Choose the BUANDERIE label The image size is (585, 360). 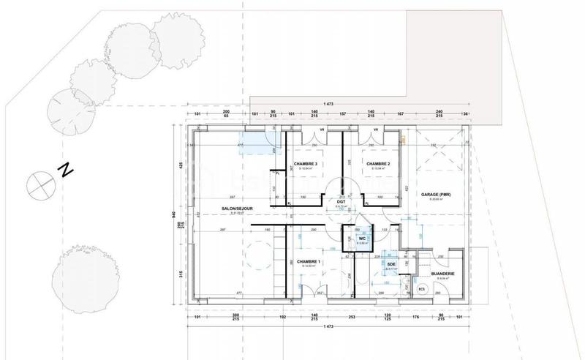442,274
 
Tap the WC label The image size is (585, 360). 361,238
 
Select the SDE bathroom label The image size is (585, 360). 391,264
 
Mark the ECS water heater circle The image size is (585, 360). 421,290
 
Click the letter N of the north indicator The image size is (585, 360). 65,170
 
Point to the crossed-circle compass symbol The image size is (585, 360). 37,184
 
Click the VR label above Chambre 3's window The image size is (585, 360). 314,130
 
